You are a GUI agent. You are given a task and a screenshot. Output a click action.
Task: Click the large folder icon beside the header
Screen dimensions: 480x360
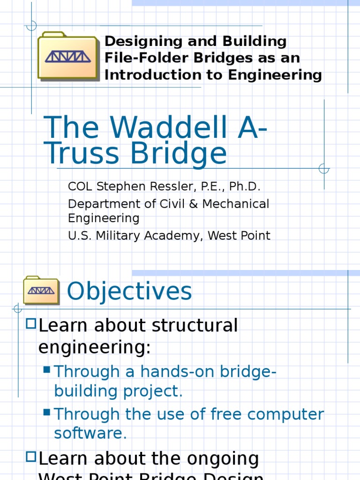[68, 56]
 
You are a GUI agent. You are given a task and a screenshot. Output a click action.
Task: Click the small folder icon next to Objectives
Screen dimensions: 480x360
[41, 290]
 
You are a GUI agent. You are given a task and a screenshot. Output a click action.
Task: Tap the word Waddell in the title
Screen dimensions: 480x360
[159, 127]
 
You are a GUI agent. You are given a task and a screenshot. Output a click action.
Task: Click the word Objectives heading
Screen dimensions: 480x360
[129, 291]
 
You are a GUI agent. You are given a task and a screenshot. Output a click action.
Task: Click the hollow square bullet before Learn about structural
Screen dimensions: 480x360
[31, 323]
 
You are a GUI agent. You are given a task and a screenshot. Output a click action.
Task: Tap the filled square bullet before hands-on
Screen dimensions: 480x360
[47, 370]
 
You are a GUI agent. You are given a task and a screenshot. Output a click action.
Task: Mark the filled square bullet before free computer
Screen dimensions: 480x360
[47, 412]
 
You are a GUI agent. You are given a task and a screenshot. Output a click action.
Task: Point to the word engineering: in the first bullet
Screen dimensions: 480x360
[94, 347]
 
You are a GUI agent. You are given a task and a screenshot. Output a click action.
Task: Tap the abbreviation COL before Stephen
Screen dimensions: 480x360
[81, 187]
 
